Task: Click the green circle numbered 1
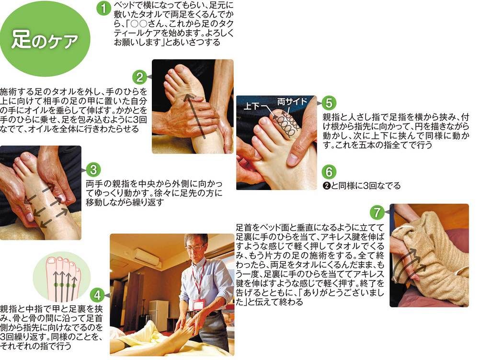[x=103, y=8]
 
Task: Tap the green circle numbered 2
[x=139, y=77]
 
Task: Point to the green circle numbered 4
[x=97, y=295]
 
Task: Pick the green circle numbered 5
[x=329, y=103]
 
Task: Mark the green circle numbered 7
[x=377, y=212]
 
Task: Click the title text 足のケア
[x=45, y=40]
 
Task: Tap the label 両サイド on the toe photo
[x=292, y=101]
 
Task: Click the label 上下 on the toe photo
[x=252, y=106]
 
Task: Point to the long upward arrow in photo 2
[x=195, y=116]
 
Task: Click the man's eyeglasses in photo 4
[x=194, y=247]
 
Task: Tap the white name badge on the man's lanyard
[x=198, y=304]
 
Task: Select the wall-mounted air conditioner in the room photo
[x=147, y=256]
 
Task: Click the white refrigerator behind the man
[x=159, y=315]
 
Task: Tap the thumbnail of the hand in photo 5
[x=292, y=158]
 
